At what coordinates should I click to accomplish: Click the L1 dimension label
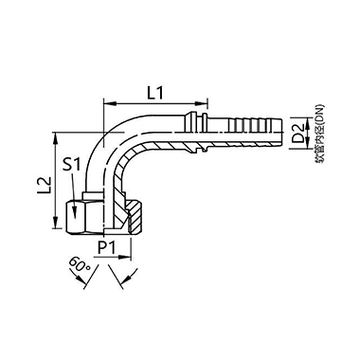coord(158,92)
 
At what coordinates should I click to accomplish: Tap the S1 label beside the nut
coord(71,165)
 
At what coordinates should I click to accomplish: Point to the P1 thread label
coord(108,249)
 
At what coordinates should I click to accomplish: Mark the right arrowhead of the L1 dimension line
coord(206,103)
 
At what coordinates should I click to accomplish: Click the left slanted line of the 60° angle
coord(97,271)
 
